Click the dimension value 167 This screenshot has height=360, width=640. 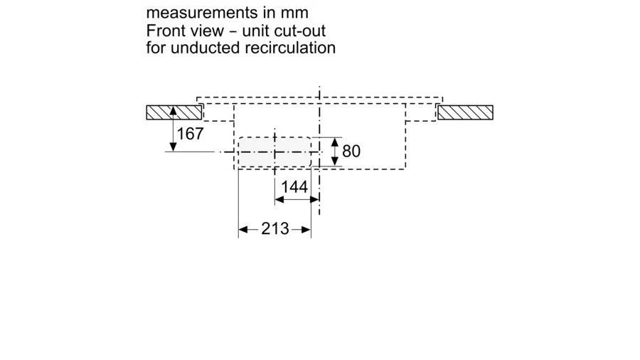[191, 133]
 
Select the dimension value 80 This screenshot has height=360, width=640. [351, 151]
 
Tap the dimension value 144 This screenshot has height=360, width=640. [294, 187]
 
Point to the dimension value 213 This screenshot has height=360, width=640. [275, 228]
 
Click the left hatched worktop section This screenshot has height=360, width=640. [173, 112]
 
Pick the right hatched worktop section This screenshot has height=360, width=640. [465, 112]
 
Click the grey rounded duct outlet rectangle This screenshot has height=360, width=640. [274, 152]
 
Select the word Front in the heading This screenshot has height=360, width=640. [165, 31]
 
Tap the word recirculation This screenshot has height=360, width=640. [288, 48]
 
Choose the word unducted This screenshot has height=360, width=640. [202, 48]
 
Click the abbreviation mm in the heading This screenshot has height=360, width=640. [296, 14]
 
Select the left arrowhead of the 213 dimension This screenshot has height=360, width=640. [242, 229]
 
